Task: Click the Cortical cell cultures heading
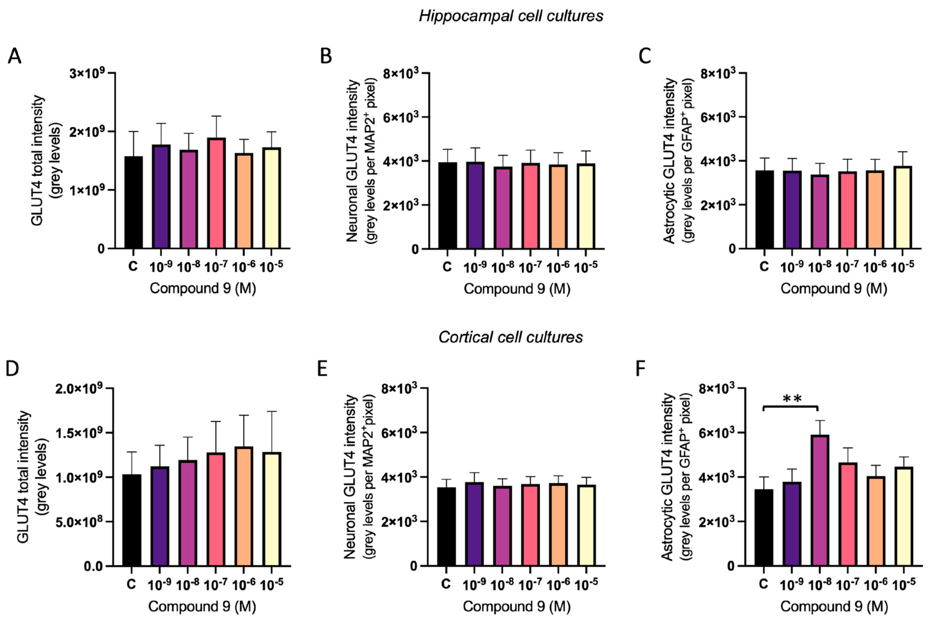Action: (511, 337)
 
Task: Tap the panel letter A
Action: (14, 56)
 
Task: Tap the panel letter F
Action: (640, 369)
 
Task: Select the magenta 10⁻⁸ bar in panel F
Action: (819, 500)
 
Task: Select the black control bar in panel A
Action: (133, 202)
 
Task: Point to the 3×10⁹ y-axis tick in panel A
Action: (87, 73)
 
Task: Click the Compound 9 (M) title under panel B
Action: (517, 289)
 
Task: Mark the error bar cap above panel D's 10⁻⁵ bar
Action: (272, 412)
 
